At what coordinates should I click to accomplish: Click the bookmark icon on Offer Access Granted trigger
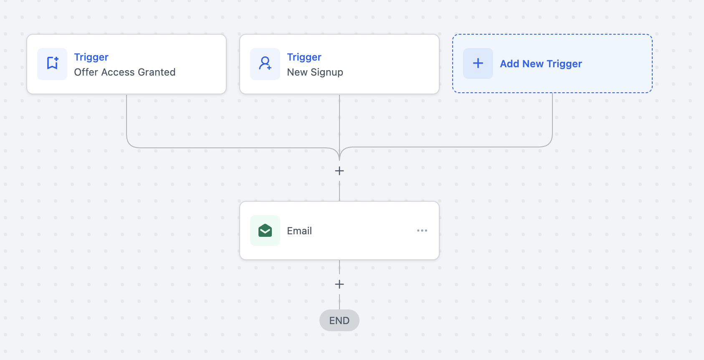click(x=53, y=63)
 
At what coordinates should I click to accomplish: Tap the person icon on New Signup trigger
click(x=265, y=63)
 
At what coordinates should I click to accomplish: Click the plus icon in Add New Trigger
click(x=478, y=63)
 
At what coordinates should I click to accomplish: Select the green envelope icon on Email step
click(x=265, y=231)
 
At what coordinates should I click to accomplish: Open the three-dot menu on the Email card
click(x=422, y=231)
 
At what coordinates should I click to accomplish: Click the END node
click(x=339, y=320)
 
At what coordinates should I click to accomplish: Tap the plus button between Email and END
click(x=339, y=284)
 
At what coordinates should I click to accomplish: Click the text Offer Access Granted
click(x=125, y=72)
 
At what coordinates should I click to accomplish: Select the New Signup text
click(x=315, y=72)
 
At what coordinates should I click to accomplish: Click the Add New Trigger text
click(x=541, y=63)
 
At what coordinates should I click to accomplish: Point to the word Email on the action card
click(x=299, y=231)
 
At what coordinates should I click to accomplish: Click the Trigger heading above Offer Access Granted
click(x=91, y=57)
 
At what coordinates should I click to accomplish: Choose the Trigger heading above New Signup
click(x=304, y=57)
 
